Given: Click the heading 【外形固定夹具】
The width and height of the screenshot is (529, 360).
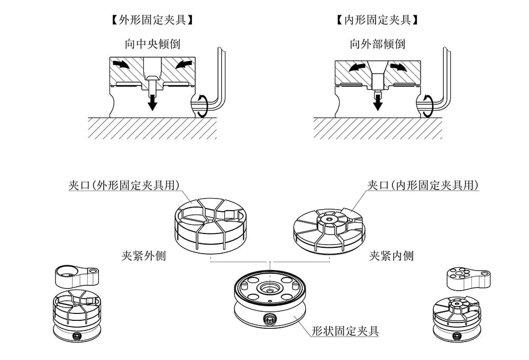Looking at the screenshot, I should (152, 21).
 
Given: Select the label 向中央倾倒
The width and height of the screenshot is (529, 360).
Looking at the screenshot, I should (152, 44).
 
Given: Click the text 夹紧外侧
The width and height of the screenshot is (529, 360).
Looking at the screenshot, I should (144, 256).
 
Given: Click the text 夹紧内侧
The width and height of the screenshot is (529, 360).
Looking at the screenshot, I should (391, 256).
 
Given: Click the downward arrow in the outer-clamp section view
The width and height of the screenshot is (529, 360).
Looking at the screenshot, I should (152, 101).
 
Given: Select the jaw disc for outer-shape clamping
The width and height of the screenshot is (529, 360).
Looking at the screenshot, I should (211, 223).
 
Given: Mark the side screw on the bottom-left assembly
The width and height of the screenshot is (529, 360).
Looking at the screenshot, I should (78, 336).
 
